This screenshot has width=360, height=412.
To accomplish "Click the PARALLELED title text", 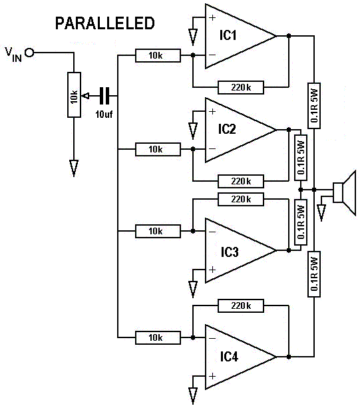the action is coord(105,23).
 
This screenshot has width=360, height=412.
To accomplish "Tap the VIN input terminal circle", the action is coord(29,53).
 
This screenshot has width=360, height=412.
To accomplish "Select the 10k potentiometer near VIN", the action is coord(74,95).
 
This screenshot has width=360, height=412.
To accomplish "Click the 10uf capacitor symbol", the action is coord(104,96).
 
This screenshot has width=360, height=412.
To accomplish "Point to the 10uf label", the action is coord(104,114).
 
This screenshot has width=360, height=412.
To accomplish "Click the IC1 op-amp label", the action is coord(228,35).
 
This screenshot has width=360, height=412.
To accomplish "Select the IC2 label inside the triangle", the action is coord(227,129).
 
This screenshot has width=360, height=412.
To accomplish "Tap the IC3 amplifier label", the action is coord(230,252).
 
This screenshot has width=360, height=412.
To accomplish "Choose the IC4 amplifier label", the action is coord(229,357).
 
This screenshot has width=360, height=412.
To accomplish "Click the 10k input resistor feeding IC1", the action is coord(158,55).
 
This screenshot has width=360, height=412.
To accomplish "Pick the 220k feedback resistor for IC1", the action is coord(241,87).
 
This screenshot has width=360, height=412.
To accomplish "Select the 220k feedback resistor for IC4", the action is coord(241,306).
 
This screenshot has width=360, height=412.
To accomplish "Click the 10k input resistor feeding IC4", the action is coord(158,337).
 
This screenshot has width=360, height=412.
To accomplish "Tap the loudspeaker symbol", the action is coord(345,193).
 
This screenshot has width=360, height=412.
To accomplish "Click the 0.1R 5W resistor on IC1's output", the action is coord(314,106).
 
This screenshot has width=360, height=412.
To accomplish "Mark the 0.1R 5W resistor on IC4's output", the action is coord(314,274).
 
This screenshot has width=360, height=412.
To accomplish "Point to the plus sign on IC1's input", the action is coord(212,17).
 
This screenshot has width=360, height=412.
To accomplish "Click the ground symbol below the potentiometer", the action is coord(74,168).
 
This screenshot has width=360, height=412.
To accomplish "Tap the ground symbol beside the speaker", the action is coord(321,213).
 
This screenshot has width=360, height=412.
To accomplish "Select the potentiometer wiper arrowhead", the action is coord(85,96).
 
